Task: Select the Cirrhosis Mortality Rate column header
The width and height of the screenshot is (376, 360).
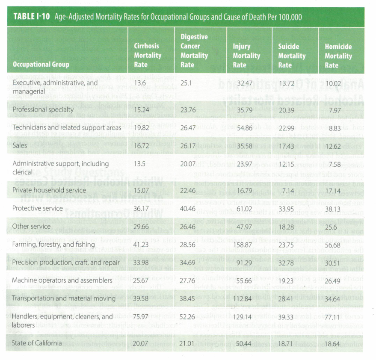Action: [147, 55]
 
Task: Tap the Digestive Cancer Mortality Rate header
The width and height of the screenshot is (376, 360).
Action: [194, 50]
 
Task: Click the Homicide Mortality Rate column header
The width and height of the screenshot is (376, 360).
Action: [338, 56]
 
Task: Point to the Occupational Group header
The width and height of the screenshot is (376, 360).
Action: [41, 65]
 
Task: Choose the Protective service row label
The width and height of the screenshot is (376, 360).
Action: [38, 209]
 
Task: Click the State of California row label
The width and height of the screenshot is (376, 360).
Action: [37, 342]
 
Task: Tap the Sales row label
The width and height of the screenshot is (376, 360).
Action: [20, 146]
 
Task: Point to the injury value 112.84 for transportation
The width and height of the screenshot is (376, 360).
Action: [242, 298]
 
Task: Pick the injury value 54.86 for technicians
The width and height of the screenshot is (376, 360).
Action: [242, 128]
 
